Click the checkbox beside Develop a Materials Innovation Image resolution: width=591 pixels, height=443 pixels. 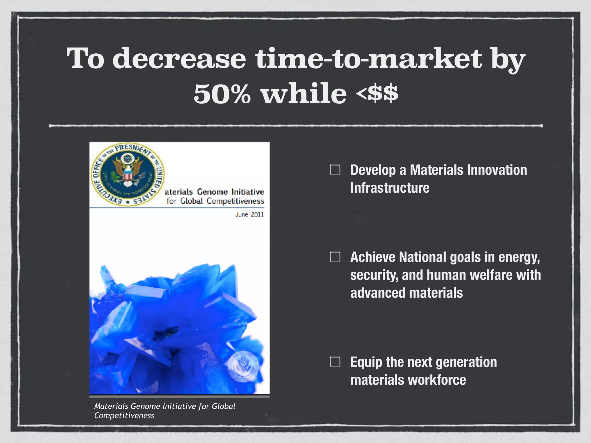click(335, 170)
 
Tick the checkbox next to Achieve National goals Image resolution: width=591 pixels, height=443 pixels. click(335, 257)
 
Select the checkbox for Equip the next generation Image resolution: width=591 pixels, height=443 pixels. click(335, 362)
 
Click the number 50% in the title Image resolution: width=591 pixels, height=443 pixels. click(222, 94)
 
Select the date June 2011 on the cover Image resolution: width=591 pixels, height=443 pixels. click(249, 214)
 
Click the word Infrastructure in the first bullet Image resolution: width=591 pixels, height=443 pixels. click(390, 188)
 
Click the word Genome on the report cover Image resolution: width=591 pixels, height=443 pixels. click(212, 192)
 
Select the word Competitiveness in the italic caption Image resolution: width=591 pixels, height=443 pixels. click(124, 416)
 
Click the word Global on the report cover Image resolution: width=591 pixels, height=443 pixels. click(191, 201)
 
